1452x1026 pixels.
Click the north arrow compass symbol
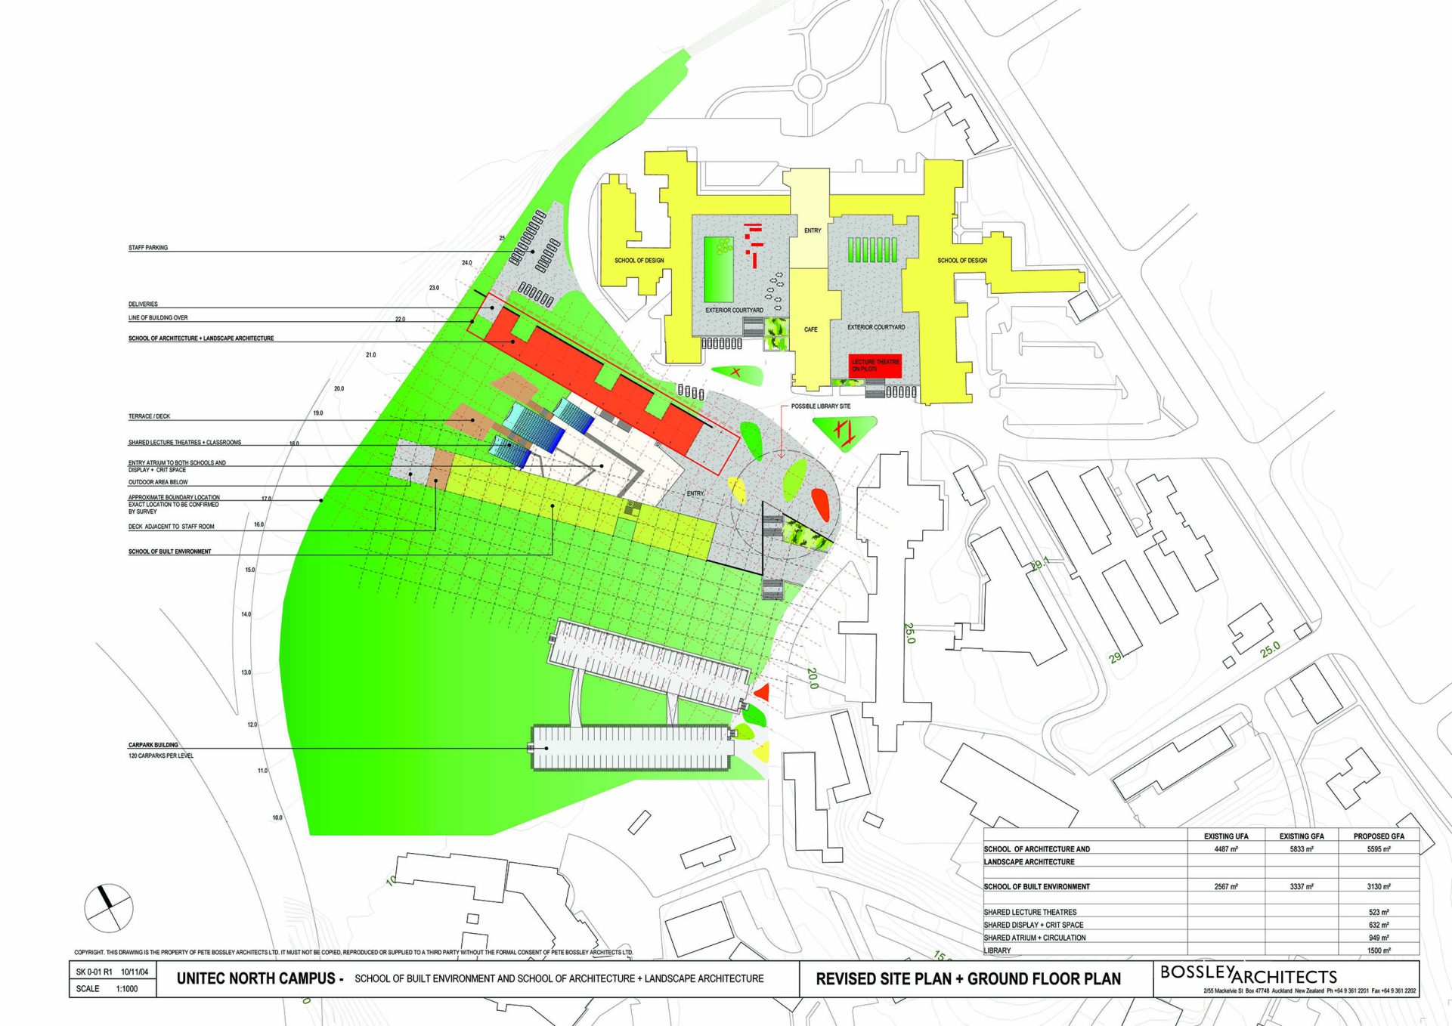tap(108, 907)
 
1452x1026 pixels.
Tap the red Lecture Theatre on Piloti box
tap(875, 366)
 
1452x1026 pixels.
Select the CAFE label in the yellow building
tap(810, 329)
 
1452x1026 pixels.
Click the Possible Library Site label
tap(820, 406)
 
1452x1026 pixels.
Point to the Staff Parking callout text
tap(148, 248)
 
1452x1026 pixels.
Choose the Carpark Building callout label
tap(153, 745)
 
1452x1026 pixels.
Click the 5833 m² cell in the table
tap(1301, 849)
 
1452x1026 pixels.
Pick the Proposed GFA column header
tap(1379, 836)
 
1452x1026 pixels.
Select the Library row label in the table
tap(997, 950)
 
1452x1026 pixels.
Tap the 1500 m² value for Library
tap(1379, 950)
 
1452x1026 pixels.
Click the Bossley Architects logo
tap(1248, 975)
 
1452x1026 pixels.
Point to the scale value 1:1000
tap(127, 988)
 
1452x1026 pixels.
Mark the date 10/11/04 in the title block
tap(135, 972)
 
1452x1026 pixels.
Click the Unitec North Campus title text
tap(259, 978)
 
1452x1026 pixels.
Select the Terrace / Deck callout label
tap(149, 416)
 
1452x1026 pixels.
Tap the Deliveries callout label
tap(143, 304)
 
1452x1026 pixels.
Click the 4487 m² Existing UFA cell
tap(1225, 849)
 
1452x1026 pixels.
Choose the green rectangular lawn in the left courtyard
tap(719, 270)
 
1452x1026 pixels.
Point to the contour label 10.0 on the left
tap(277, 817)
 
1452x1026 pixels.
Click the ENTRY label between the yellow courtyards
tap(813, 230)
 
